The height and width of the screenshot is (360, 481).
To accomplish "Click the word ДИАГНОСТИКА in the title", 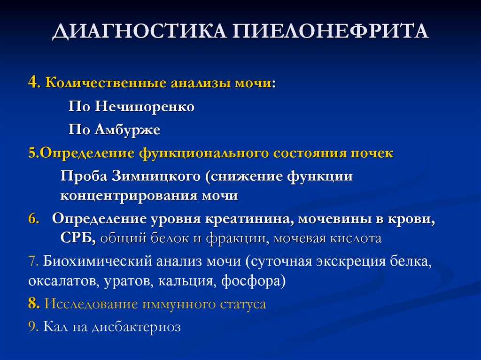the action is tap(140, 31).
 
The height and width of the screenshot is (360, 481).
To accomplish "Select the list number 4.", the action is tap(32, 83).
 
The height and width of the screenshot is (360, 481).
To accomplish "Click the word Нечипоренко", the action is tap(145, 107).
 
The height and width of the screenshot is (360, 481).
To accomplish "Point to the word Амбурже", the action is tap(127, 130).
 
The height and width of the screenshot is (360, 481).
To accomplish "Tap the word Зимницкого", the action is tap(156, 176).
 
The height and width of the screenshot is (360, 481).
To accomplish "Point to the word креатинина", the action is tap(247, 219).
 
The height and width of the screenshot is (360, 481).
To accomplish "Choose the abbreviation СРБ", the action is tap(78, 238).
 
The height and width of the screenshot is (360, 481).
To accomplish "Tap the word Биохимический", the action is tap(98, 261).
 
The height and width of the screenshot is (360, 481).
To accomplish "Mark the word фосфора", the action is tap(253, 281).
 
